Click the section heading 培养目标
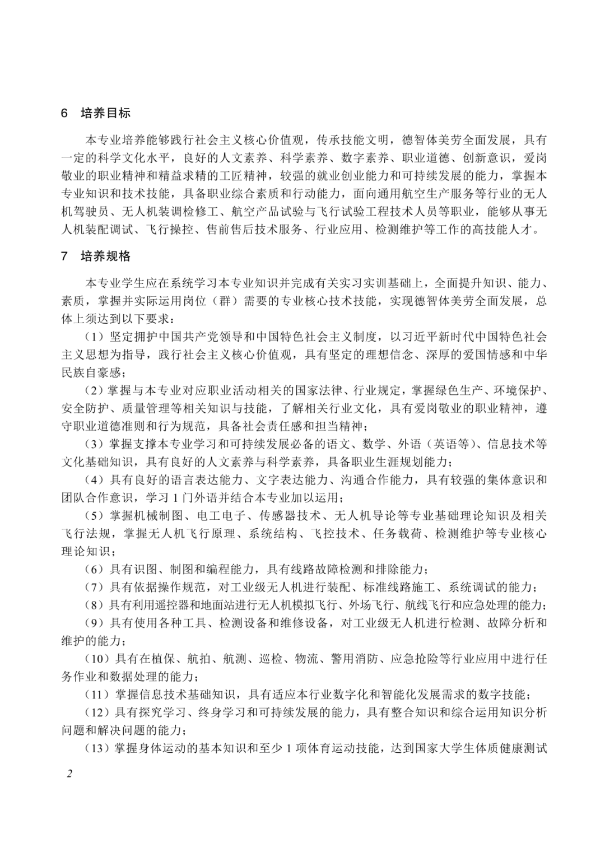click(x=105, y=113)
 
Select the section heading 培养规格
click(x=105, y=257)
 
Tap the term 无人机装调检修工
click(x=168, y=211)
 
